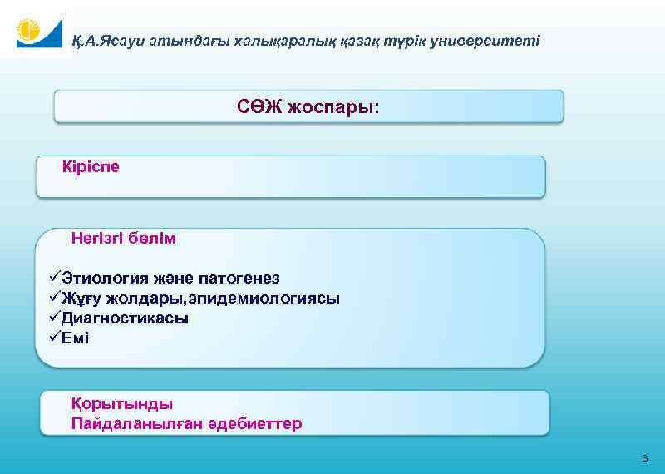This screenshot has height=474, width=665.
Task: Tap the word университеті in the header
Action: click(493, 40)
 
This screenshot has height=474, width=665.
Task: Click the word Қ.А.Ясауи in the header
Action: click(106, 40)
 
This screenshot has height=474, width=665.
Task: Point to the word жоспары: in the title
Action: click(332, 108)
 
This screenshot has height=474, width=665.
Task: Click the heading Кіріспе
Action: click(91, 167)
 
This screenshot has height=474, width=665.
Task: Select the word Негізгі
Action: click(97, 239)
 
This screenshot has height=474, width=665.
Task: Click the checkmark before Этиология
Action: click(54, 278)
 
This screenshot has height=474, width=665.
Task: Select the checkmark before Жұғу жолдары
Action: click(54, 298)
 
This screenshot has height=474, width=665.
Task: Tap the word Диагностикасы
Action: click(125, 318)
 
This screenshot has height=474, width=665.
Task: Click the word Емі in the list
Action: click(75, 338)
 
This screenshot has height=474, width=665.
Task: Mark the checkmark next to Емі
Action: click(54, 338)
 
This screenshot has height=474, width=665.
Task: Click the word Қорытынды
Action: click(122, 404)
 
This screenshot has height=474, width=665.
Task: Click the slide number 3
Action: click(644, 459)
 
